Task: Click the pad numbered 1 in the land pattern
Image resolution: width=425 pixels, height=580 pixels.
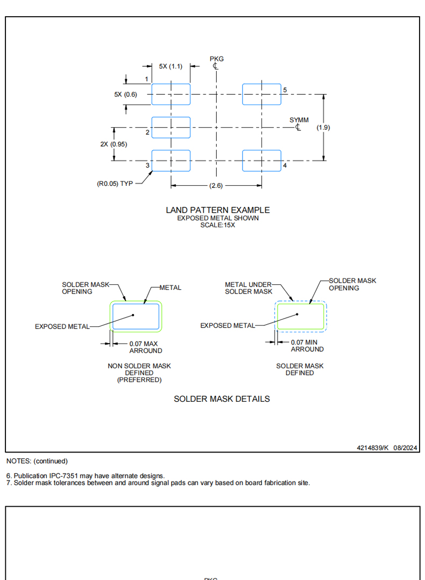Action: tap(171, 94)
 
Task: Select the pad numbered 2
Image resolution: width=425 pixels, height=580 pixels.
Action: tap(171, 128)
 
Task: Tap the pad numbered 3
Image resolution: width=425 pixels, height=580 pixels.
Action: tap(171, 160)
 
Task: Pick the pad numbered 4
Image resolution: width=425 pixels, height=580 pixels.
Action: tap(261, 160)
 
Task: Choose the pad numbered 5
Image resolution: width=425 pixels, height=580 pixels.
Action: tap(261, 94)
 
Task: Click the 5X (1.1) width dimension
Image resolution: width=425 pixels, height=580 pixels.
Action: tap(171, 66)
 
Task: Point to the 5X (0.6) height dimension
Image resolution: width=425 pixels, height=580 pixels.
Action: tap(126, 94)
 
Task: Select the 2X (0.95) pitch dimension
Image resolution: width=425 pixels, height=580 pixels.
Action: tap(114, 144)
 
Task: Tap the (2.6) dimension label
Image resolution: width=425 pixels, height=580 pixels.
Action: tap(216, 185)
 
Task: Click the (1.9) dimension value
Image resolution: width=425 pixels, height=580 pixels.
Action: tap(323, 127)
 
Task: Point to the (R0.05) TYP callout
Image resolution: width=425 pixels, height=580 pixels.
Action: tap(115, 184)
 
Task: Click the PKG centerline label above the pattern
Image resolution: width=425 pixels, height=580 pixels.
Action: tap(217, 59)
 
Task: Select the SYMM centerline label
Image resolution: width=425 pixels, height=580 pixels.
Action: tap(299, 120)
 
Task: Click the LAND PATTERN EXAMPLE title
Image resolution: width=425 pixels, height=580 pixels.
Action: tap(218, 209)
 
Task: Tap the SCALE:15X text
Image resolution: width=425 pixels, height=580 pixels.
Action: tap(218, 225)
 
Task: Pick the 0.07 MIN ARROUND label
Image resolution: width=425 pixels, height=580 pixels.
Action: tap(307, 346)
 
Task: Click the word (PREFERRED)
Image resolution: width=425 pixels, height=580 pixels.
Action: tap(139, 380)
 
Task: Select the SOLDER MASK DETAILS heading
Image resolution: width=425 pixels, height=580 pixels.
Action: tap(222, 399)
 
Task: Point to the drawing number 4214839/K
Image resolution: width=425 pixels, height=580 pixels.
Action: tap(372, 448)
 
